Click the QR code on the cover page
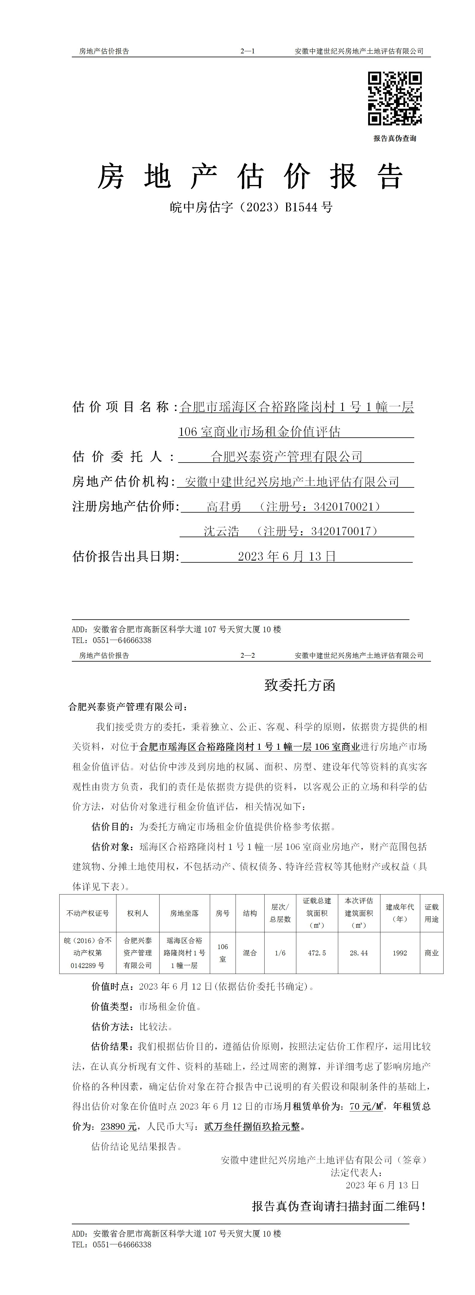pos(395,99)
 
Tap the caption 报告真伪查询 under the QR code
pos(395,138)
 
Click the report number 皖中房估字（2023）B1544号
pos(251,207)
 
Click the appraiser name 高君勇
pos(224,506)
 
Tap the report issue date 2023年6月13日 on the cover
pos(287,556)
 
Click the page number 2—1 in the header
pos(248,51)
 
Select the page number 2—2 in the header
pos(248,656)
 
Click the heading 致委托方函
pos(300,685)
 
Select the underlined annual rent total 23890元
pos(119,1127)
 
